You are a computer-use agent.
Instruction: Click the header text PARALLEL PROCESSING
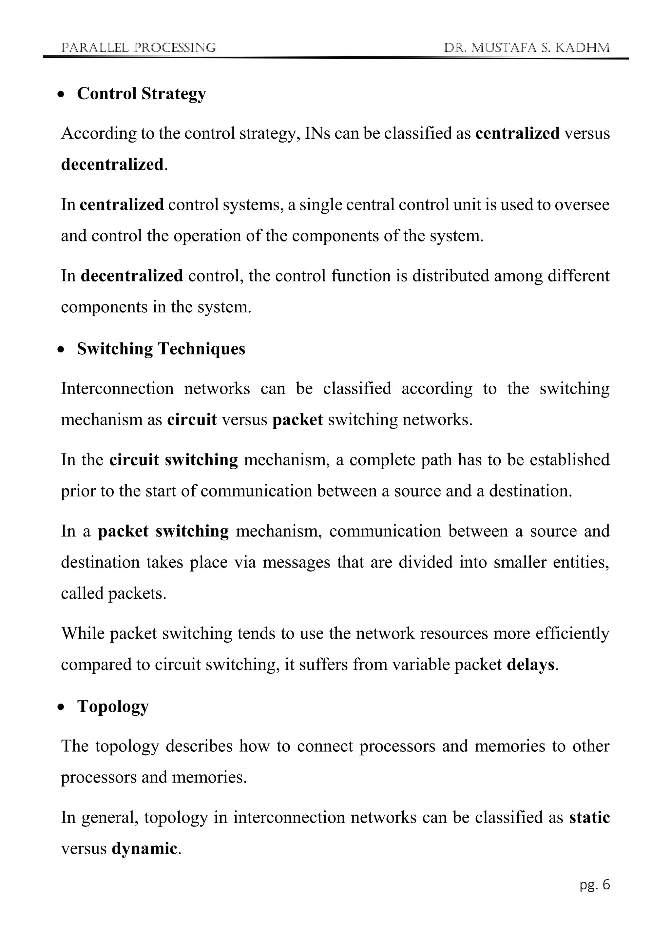tap(138, 48)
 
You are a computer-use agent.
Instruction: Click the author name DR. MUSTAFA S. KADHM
tap(527, 48)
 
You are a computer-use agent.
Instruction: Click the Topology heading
tap(113, 707)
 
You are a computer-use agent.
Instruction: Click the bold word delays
tap(530, 664)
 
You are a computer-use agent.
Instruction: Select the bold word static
tap(589, 817)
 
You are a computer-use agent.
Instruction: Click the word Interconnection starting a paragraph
tap(117, 389)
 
